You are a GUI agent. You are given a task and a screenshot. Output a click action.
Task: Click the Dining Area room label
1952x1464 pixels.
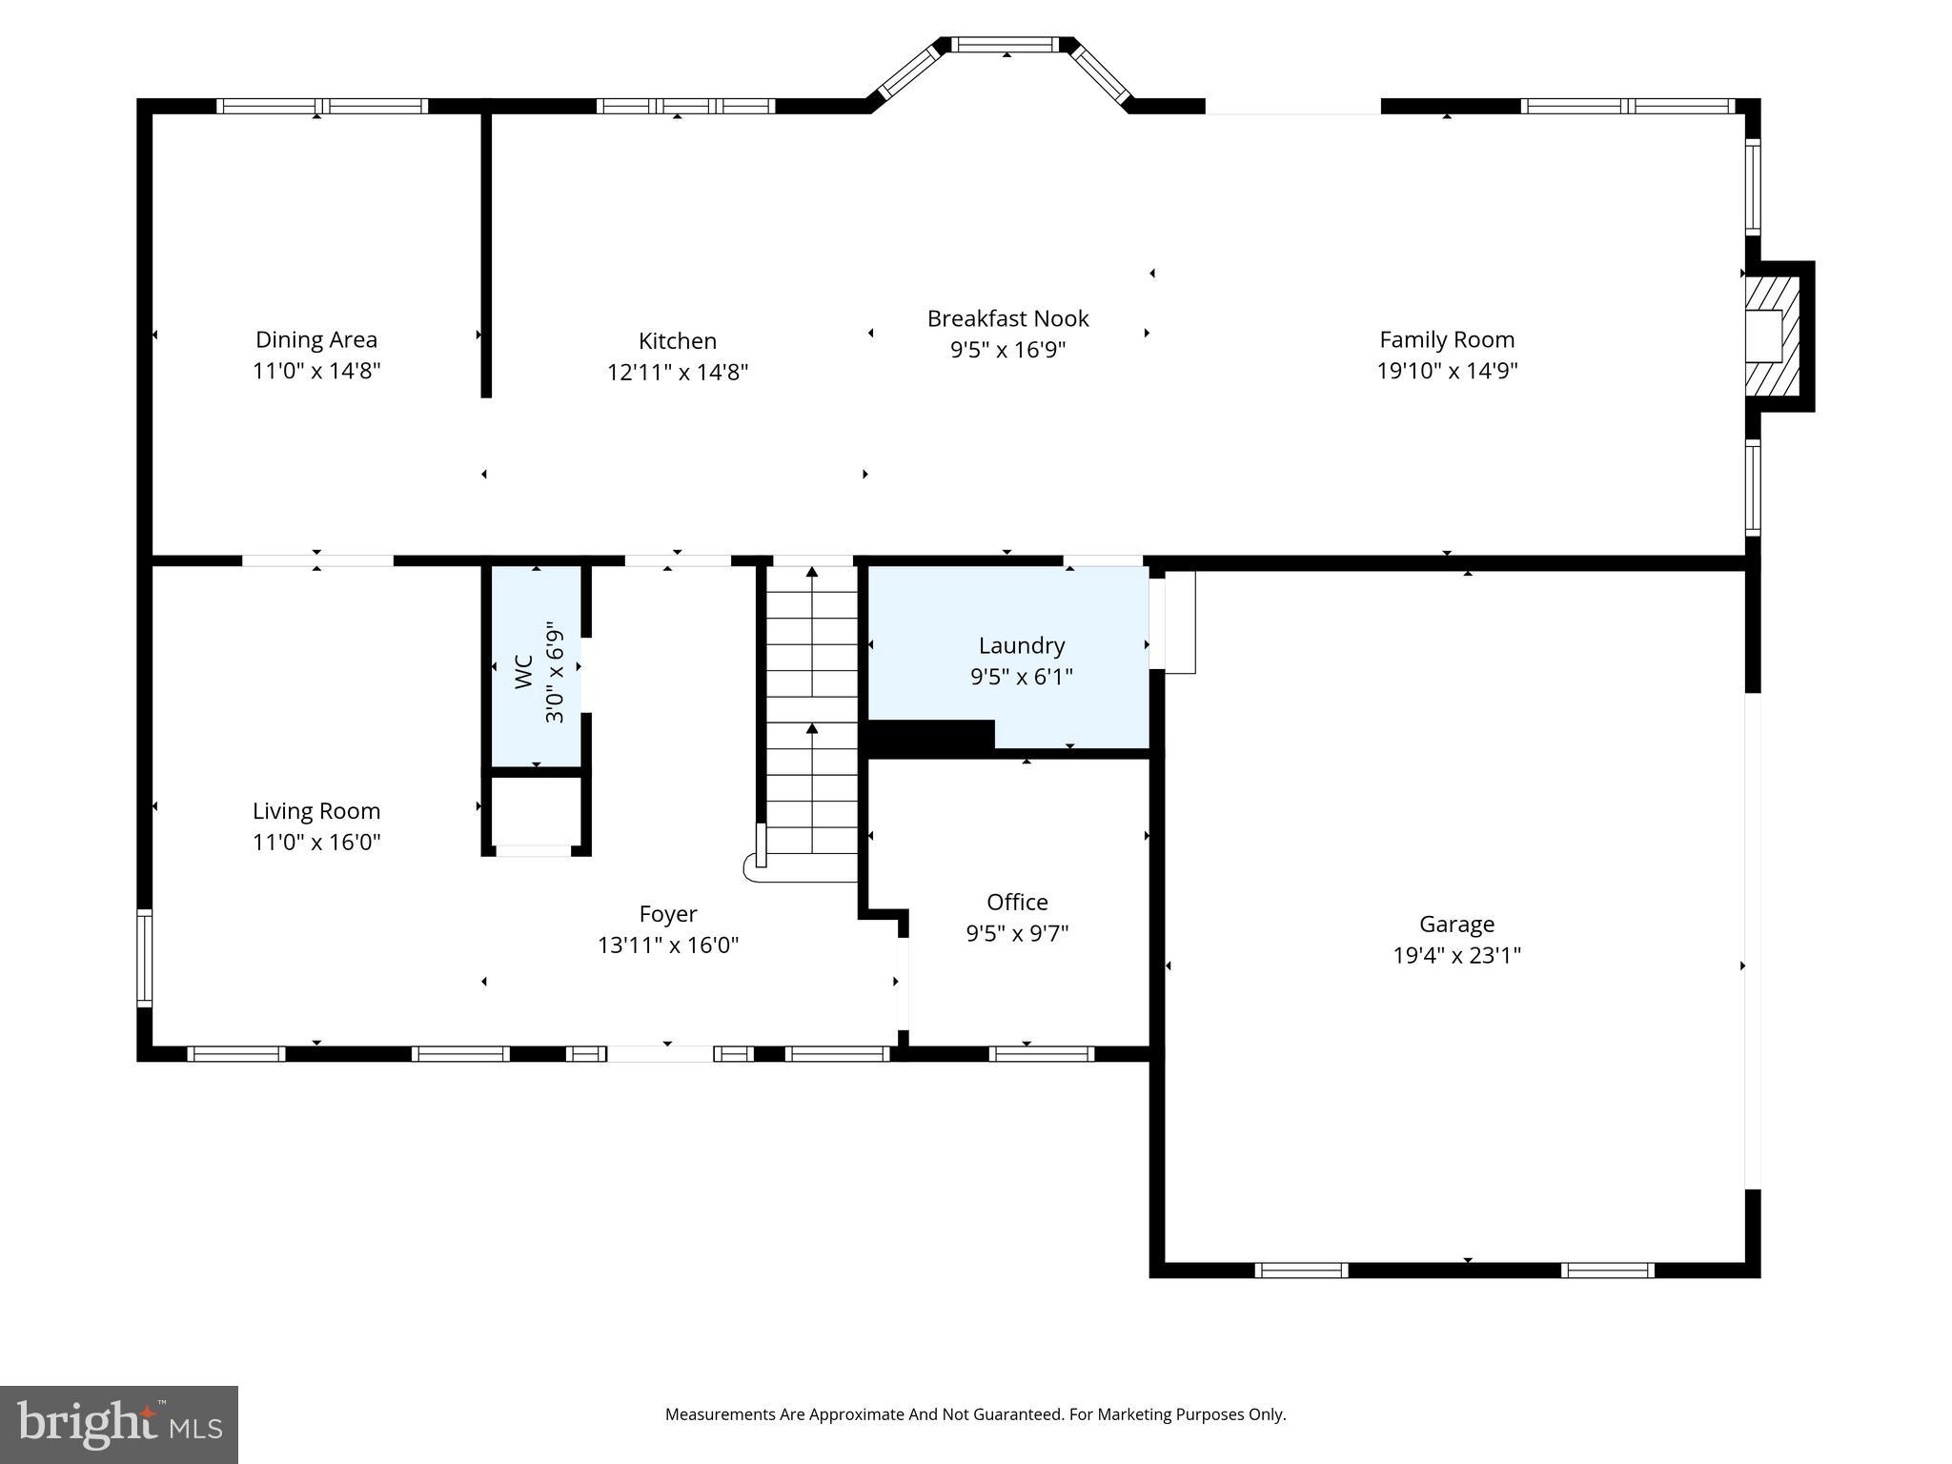tap(315, 339)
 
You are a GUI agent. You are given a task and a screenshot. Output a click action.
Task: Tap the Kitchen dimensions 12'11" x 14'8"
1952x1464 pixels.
tap(677, 372)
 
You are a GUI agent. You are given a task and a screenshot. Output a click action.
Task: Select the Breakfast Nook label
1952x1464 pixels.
tap(1007, 318)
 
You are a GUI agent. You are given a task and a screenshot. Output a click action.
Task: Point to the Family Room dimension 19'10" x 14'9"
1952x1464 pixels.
tap(1446, 371)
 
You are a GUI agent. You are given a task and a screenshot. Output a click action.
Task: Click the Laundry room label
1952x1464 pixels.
tap(1021, 645)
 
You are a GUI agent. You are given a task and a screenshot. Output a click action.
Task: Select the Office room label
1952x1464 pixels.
tap(1017, 902)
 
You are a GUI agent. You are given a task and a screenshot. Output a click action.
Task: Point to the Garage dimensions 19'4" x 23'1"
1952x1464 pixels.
tap(1456, 955)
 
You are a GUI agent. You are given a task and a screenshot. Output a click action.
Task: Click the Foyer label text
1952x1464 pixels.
tap(667, 914)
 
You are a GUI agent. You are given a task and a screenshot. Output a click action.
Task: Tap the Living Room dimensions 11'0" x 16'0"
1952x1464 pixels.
tap(316, 843)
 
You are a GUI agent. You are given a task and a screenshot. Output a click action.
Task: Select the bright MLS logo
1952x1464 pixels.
tap(119, 1424)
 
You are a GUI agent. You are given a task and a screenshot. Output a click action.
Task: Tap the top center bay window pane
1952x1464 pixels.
tap(1006, 44)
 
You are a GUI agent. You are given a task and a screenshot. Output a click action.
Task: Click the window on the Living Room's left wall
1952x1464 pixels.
tap(145, 958)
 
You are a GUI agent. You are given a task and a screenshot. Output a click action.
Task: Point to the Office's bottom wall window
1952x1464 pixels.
tap(1041, 1053)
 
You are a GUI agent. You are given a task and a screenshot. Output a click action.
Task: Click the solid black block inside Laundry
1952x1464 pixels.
tap(929, 736)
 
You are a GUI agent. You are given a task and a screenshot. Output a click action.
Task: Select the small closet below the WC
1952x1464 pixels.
tap(535, 812)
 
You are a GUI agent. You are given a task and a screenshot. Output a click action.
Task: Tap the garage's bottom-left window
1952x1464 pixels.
tap(1301, 1270)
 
